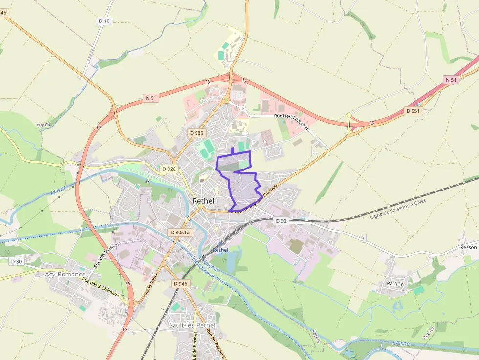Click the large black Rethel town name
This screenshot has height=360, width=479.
pyautogui.click(x=204, y=200)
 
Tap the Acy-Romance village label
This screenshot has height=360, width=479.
pyautogui.click(x=65, y=274)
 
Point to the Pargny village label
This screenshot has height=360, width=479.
pyautogui.click(x=395, y=283)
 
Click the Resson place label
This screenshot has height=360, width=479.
pyautogui.click(x=468, y=247)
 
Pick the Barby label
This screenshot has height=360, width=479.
pyautogui.click(x=44, y=125)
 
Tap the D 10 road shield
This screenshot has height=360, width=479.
pyautogui.click(x=104, y=21)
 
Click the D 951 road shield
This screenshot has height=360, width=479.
pyautogui.click(x=413, y=111)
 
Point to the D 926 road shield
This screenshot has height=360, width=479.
pyautogui.click(x=169, y=169)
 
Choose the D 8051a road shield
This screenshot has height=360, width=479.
pyautogui.click(x=179, y=233)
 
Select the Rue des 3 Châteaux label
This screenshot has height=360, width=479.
pyautogui.click(x=101, y=288)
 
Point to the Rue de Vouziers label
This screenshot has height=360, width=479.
pyautogui.click(x=216, y=342)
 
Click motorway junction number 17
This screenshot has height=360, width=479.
pyautogui.click(x=99, y=127)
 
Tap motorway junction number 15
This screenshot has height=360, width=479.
pyautogui.click(x=371, y=122)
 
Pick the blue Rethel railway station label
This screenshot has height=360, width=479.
pyautogui.click(x=220, y=250)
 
